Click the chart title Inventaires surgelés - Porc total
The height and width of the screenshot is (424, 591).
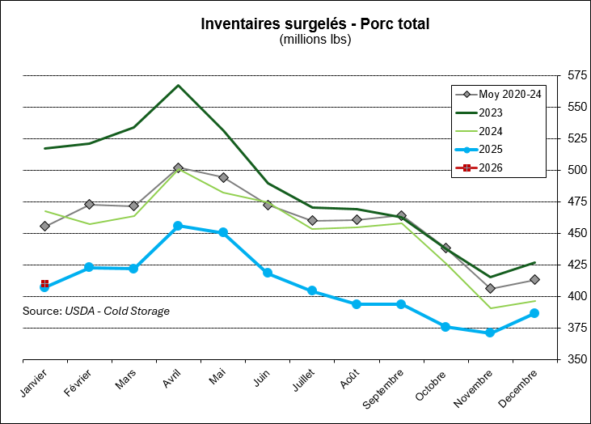[x=314, y=23]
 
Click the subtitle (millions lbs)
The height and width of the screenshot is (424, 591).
[x=314, y=39]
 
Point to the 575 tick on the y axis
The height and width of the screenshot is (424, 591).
[x=577, y=75]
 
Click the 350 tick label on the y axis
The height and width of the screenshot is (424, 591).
[x=577, y=359]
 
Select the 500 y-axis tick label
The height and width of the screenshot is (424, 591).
[x=577, y=170]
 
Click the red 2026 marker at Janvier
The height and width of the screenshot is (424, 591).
[x=44, y=284]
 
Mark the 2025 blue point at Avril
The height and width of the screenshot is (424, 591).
[x=178, y=226]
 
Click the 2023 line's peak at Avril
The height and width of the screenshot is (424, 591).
[x=178, y=85]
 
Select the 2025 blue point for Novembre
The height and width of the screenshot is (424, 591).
[x=490, y=333]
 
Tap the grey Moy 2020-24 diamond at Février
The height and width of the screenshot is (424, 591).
[x=89, y=204]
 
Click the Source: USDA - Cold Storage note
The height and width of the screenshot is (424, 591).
[x=96, y=311]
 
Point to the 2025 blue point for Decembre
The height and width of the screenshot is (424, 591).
[x=534, y=313]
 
